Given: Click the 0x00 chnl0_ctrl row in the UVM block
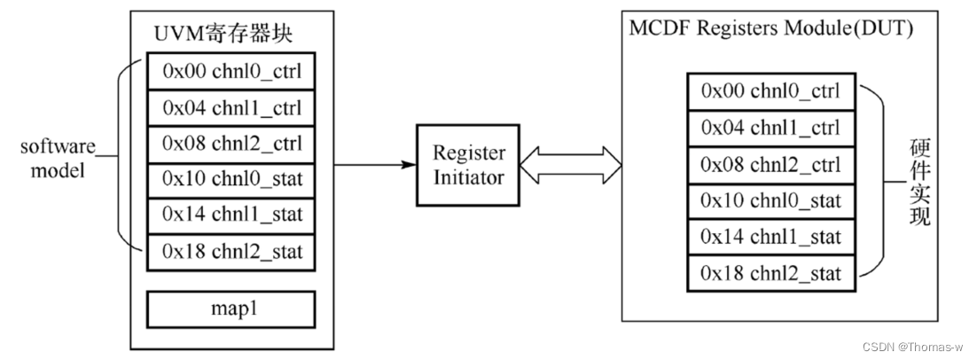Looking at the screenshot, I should (x=231, y=71).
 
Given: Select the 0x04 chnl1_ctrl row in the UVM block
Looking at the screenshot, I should (x=231, y=107).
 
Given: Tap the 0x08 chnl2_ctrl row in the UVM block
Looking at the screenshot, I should (x=231, y=144).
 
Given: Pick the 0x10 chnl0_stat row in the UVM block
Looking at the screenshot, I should (x=231, y=179).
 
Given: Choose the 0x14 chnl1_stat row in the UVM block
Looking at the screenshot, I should (x=231, y=215).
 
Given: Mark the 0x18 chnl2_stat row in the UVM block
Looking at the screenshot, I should (x=231, y=252).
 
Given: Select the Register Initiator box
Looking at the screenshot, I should (x=467, y=165).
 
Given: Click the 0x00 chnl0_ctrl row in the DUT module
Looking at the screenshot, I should (x=770, y=90).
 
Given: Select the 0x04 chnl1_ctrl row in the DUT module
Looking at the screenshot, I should (x=770, y=127).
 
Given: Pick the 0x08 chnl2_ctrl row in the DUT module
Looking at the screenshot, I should (x=770, y=163).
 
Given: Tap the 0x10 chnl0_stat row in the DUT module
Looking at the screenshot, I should (x=770, y=200).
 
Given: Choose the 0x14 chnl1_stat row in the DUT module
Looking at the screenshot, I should (x=770, y=236).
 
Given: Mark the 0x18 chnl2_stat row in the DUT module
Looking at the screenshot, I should (x=770, y=272).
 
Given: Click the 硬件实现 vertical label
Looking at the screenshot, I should (x=920, y=182).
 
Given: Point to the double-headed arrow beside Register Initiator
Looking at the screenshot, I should (x=568, y=163).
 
